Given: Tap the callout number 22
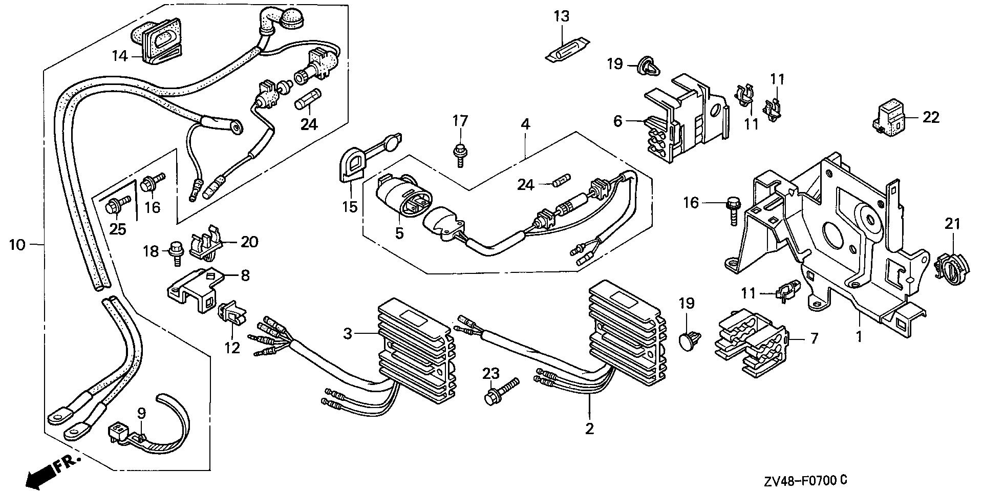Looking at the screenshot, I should coord(931,118).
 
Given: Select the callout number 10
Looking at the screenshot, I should coord(17,245).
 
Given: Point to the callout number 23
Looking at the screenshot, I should coord(491,374).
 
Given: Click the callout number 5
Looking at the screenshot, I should coord(399,233).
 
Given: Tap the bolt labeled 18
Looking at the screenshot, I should coord(176,253).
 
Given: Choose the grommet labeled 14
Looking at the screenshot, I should coord(156,38).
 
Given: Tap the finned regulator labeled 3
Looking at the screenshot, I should coord(415,353).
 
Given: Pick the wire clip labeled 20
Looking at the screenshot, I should coord(206,242).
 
